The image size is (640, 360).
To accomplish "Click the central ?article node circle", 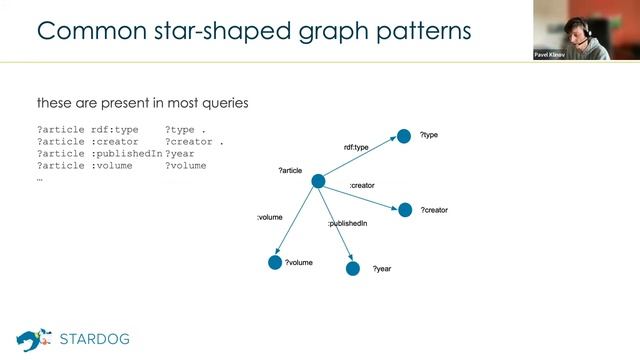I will (318, 181).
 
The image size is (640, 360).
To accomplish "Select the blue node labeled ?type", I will (404, 136).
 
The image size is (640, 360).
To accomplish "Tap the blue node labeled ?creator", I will (405, 210).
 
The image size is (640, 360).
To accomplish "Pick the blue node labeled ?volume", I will (275, 262).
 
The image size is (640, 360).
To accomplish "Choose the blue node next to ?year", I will (352, 268).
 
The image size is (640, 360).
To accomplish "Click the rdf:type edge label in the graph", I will (356, 147).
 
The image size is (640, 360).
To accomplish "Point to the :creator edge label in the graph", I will (361, 186).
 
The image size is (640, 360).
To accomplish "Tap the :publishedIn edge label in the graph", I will (347, 224).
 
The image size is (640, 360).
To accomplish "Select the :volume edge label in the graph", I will (270, 216).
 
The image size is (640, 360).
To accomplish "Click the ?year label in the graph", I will (381, 269).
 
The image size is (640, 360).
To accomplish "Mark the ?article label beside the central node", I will (290, 171).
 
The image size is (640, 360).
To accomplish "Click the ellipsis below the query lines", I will (40, 178).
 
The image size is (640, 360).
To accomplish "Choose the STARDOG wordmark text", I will (94, 339).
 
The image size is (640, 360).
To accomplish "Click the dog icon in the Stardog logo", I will (33, 338).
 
